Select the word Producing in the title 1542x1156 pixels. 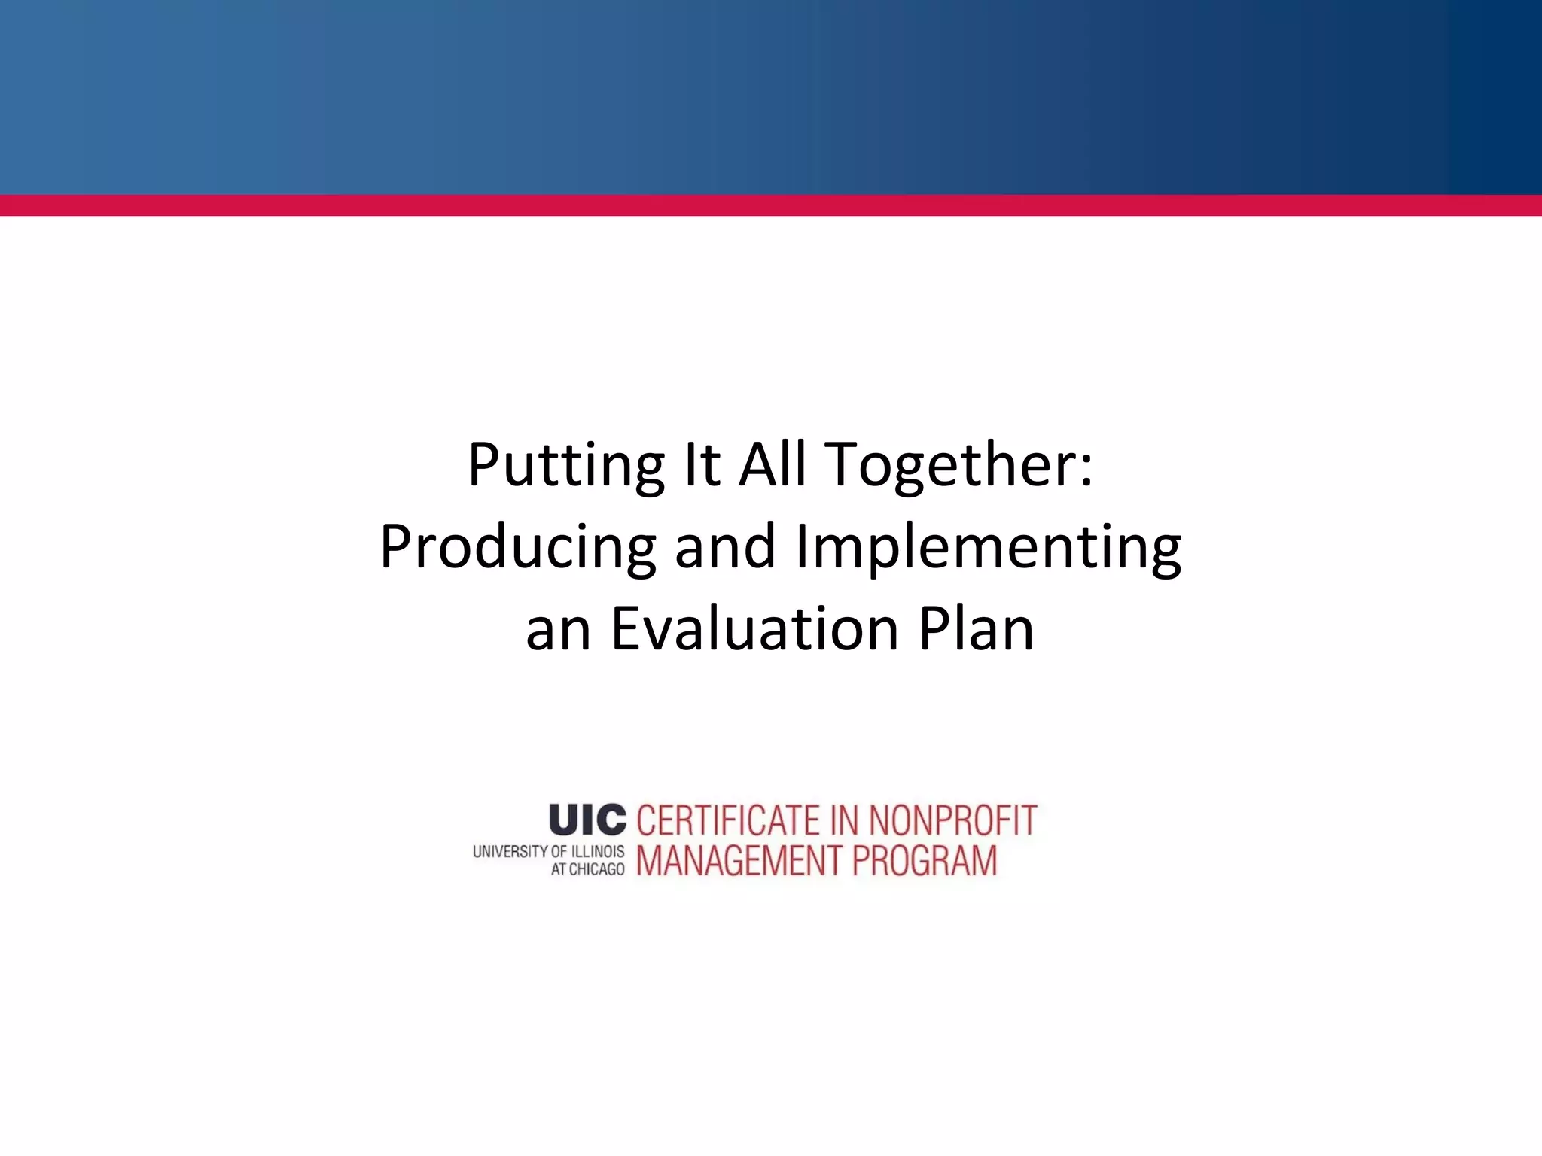(517, 549)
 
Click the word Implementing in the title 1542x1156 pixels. (988, 549)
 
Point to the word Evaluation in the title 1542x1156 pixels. (754, 629)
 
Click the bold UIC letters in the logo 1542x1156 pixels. (587, 820)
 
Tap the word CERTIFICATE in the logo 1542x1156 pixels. (727, 820)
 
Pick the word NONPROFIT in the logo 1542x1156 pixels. (952, 820)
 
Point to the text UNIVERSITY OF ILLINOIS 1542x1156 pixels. (548, 852)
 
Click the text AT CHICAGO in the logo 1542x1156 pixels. (587, 870)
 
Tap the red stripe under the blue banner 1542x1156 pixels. (771, 205)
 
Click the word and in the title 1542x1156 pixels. (724, 547)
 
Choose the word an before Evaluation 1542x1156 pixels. (558, 631)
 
